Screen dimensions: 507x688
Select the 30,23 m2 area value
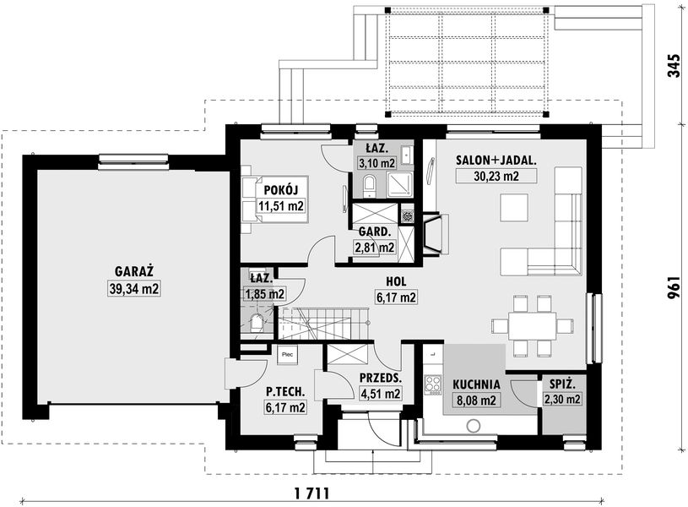pos(485,177)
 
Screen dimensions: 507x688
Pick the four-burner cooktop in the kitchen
pos(434,384)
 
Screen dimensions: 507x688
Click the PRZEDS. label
pos(379,379)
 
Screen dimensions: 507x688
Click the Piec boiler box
pos(287,355)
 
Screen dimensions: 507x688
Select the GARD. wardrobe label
pos(374,231)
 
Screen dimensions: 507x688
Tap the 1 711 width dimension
pos(311,493)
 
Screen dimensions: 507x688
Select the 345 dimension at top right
pos(673,65)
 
